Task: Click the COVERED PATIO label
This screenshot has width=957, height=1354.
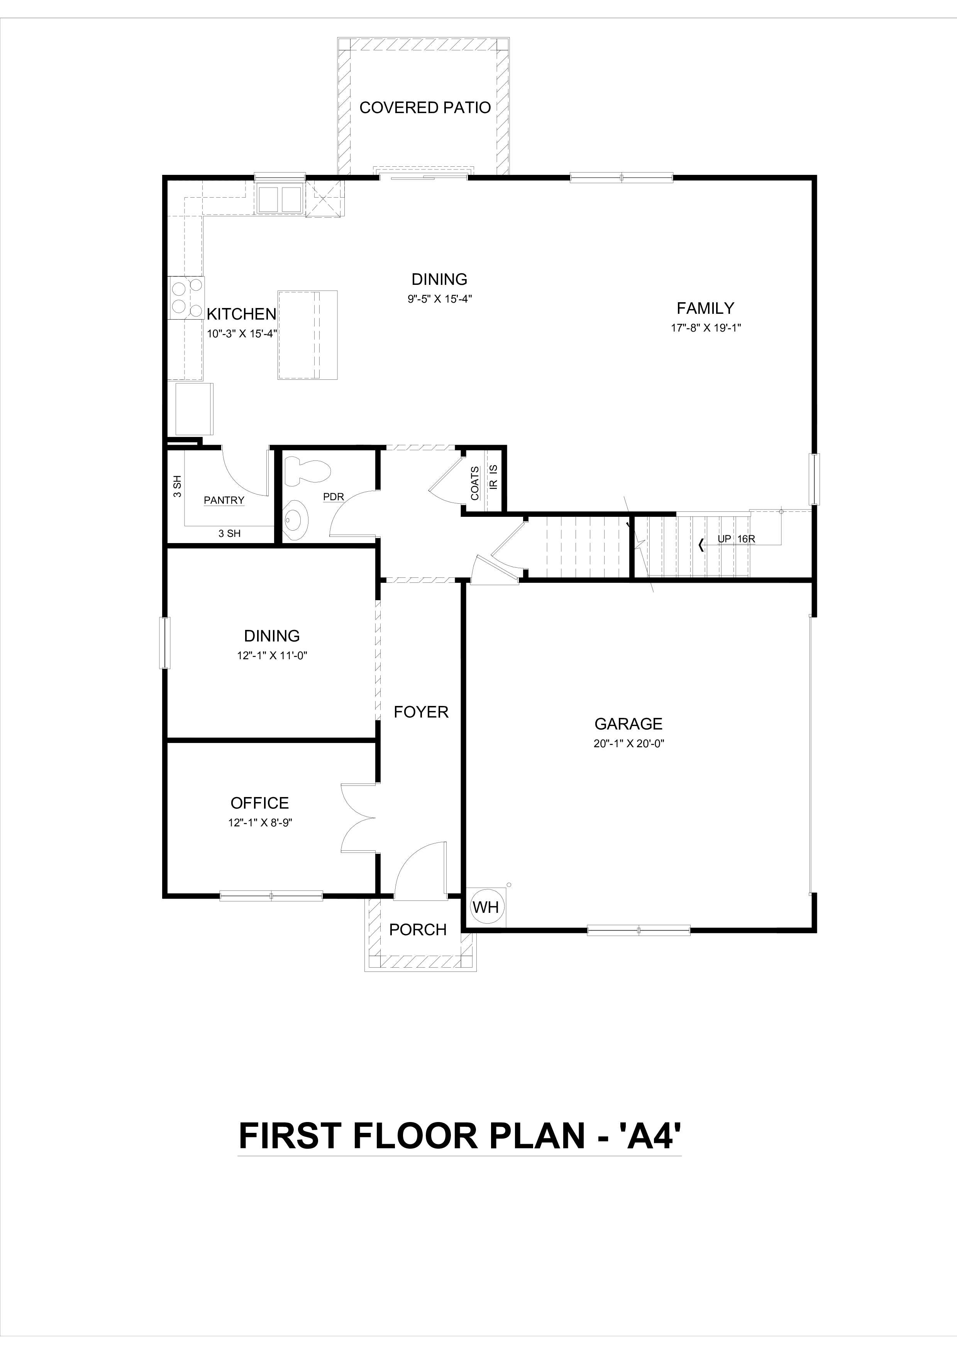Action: point(425,108)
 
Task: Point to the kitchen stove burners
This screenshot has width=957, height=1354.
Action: point(186,297)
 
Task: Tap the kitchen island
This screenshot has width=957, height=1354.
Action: point(307,334)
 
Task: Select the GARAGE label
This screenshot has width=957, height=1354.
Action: point(628,724)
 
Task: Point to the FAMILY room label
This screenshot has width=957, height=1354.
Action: point(705,308)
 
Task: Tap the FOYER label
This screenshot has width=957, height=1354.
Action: point(421,713)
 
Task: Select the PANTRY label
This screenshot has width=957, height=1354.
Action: point(224,500)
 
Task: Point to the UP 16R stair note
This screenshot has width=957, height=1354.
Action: point(736,539)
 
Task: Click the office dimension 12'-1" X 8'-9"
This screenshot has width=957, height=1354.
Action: point(260,823)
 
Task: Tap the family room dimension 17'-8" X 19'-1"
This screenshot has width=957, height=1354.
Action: point(705,328)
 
